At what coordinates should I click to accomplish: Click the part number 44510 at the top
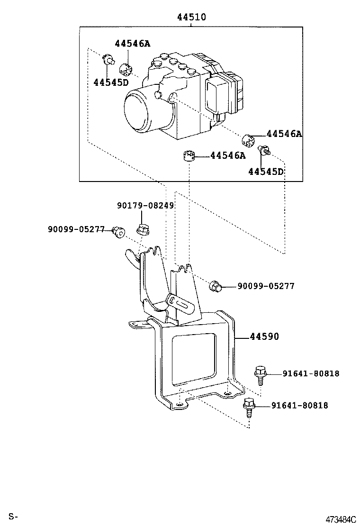[x=191, y=17]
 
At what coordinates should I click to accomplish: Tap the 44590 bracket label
[x=264, y=336]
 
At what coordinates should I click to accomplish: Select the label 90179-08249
[x=145, y=205]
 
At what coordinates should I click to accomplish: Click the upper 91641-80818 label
[x=311, y=373]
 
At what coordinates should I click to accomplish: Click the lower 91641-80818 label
[x=299, y=406]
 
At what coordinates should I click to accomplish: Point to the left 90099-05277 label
[x=76, y=229]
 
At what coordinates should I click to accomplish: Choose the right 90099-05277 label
[x=266, y=286]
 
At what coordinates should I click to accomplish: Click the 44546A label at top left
[x=132, y=43]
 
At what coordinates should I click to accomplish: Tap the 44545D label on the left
[x=111, y=82]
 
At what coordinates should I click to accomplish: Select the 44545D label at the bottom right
[x=266, y=172]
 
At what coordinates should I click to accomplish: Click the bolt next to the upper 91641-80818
[x=260, y=375]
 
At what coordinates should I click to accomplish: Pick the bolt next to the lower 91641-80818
[x=249, y=408]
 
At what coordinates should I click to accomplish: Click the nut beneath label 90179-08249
[x=142, y=229]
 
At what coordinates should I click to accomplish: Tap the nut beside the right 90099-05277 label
[x=215, y=286]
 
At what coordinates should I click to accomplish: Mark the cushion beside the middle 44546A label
[x=189, y=156]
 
